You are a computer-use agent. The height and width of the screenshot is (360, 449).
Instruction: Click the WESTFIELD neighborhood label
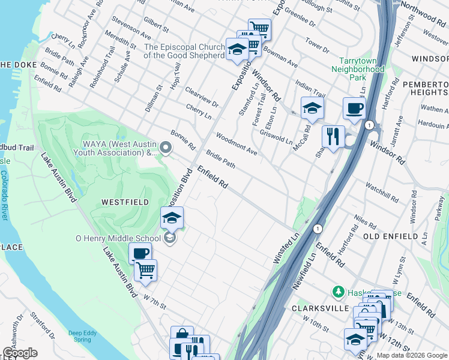click(125, 203)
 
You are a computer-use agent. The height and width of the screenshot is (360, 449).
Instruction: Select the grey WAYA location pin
click(166, 147)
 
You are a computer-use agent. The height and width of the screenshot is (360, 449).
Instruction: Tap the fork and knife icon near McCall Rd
click(333, 137)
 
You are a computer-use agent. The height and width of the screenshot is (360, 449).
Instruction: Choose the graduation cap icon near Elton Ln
click(312, 109)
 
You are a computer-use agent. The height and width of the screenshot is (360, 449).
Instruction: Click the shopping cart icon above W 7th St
click(145, 271)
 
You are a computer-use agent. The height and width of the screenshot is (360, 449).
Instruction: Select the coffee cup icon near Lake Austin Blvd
click(140, 254)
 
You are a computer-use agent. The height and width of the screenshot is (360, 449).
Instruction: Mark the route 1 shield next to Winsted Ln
click(318, 229)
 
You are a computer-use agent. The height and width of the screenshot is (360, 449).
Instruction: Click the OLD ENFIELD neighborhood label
click(391, 236)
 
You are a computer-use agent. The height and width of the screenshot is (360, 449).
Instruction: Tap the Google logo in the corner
click(20, 353)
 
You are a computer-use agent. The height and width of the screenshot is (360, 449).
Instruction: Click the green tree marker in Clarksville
click(338, 292)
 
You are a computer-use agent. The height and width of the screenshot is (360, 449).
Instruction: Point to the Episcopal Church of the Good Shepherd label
click(184, 51)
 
